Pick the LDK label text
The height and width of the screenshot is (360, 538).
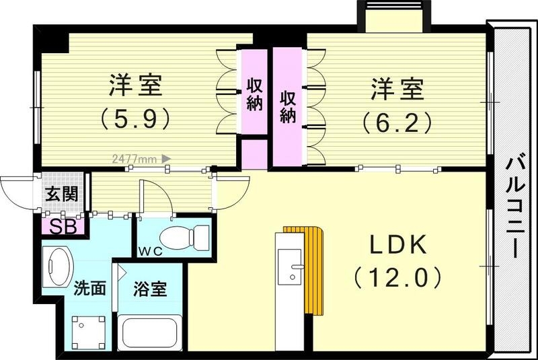[x=397, y=246]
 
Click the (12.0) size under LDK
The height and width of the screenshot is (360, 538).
[x=397, y=277]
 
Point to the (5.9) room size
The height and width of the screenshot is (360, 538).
[x=134, y=118]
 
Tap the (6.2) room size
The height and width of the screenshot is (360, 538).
[x=395, y=122]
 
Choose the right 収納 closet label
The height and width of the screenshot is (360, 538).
[x=288, y=106]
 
